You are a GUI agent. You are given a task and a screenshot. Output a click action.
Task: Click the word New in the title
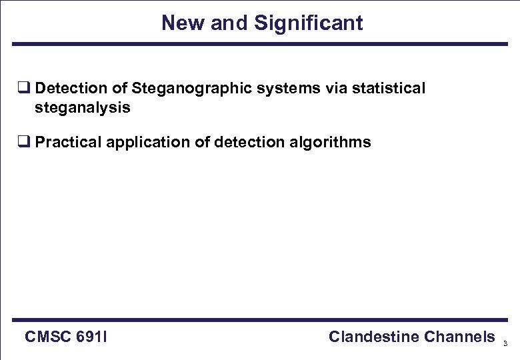(x=183, y=23)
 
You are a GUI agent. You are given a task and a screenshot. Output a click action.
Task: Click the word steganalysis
(x=83, y=107)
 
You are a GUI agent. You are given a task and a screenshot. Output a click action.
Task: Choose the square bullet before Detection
(x=23, y=89)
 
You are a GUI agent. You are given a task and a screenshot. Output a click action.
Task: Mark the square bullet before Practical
(x=23, y=143)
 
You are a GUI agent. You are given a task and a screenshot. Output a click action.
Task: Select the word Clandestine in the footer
(x=373, y=337)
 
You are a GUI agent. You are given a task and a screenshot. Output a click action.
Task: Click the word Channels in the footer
(x=459, y=337)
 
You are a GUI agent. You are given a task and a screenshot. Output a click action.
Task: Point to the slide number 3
(x=505, y=344)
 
